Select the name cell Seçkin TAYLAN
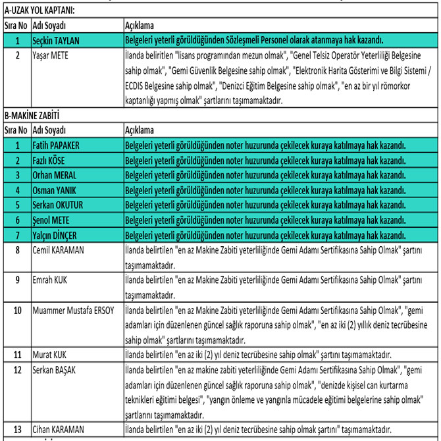tap(59, 40)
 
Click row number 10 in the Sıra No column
tap(16, 309)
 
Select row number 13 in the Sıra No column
tap(16, 429)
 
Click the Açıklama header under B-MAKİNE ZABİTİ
tap(140, 130)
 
